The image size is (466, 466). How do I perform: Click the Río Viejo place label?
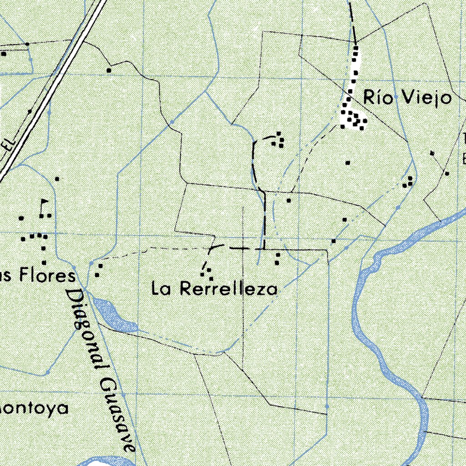[407, 98]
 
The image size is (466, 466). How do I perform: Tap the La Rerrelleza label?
[214, 289]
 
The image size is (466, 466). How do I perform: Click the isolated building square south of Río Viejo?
[348, 162]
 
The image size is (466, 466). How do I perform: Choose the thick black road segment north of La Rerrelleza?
[264, 218]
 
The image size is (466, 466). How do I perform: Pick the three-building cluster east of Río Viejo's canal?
[408, 182]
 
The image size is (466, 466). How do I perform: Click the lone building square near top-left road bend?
[109, 70]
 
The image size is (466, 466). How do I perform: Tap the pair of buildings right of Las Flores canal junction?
[99, 270]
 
